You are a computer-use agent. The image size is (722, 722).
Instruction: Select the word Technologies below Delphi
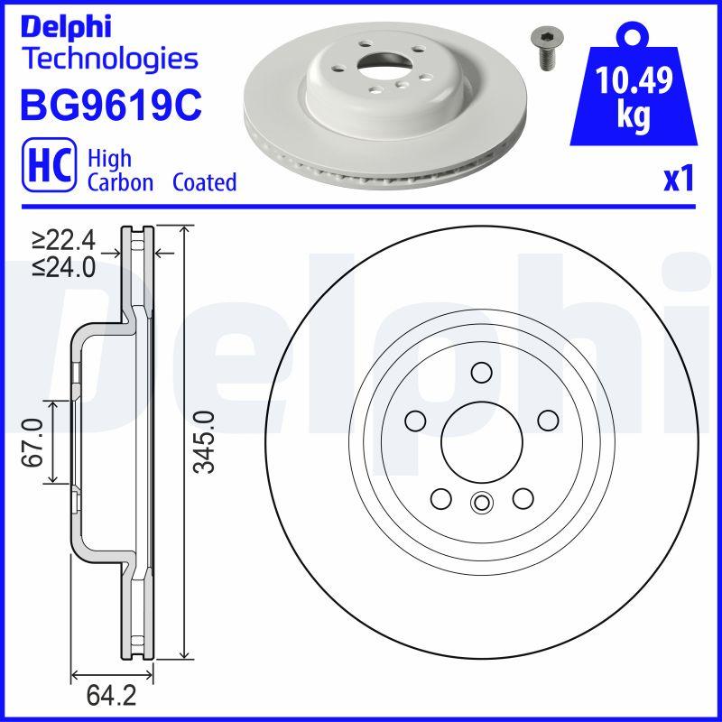(108, 60)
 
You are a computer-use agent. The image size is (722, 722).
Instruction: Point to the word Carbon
(121, 182)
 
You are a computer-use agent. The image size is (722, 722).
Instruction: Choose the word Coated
(204, 182)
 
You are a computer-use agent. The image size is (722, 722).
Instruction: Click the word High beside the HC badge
(109, 159)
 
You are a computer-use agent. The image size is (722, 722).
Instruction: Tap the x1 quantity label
(678, 180)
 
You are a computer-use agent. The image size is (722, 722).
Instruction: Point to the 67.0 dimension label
(33, 442)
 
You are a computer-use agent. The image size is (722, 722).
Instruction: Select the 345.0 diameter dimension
(206, 441)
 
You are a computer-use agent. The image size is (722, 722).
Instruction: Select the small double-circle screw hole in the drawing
(481, 504)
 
